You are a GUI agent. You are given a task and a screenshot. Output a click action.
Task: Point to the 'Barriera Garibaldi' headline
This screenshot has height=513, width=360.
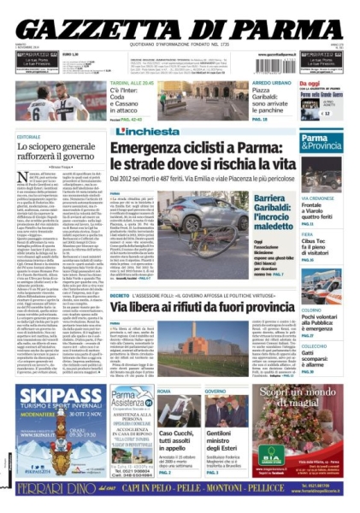tap(260, 206)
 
